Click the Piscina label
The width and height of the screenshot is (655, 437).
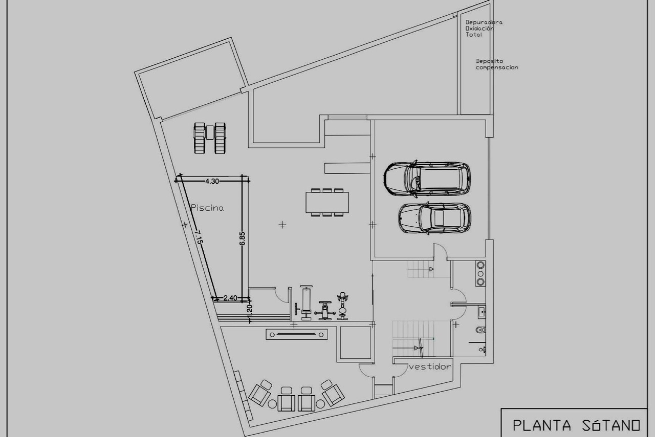click(207, 208)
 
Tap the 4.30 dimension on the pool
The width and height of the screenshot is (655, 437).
click(212, 181)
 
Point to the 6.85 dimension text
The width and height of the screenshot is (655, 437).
click(242, 238)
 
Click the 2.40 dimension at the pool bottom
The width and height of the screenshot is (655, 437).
click(230, 298)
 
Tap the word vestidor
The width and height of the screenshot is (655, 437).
click(430, 367)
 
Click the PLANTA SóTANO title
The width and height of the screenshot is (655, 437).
click(576, 425)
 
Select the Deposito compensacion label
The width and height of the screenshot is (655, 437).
click(496, 64)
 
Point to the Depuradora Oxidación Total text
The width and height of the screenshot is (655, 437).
click(483, 28)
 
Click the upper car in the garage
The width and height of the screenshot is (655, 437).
click(427, 178)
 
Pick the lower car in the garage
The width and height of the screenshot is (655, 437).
click(435, 218)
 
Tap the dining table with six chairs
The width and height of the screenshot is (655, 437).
click(327, 202)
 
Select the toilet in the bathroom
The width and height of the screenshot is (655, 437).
click(480, 330)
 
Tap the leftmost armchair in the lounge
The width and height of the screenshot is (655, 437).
click(260, 393)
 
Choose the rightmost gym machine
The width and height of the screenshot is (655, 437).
click(342, 306)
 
